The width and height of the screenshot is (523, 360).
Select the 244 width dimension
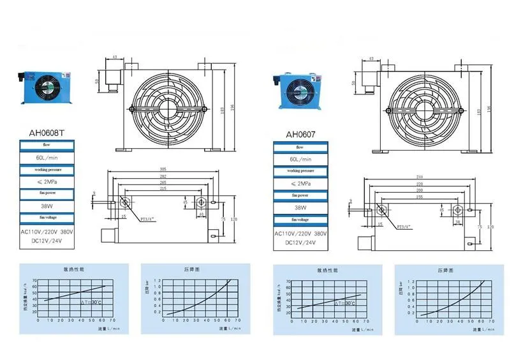(419, 176)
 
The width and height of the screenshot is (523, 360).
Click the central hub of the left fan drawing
(167, 109)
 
